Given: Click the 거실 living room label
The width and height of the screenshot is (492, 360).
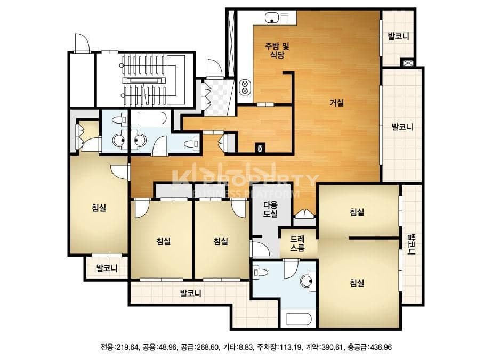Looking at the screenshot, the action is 337,103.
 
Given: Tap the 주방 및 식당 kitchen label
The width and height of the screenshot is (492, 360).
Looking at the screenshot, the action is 277,51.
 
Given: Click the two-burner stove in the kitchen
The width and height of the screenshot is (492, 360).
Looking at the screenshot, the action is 245,87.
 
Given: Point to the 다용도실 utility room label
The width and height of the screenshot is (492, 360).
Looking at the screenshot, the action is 270,209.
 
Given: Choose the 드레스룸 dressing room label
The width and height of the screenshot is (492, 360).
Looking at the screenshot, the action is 297,244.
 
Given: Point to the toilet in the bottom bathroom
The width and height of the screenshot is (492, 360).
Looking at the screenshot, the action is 261,272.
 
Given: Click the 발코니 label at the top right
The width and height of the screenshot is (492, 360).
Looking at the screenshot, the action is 399,36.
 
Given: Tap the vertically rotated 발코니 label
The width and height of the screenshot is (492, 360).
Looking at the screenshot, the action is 411,244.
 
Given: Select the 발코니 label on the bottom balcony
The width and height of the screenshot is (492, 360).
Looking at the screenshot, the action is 191,293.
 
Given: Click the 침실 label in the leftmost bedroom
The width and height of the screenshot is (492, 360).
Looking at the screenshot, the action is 99,208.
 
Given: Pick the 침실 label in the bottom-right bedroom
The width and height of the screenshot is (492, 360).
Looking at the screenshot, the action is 357,283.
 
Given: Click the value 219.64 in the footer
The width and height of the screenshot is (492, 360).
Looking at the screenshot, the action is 127,347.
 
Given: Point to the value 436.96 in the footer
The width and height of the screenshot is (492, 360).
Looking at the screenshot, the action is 381,347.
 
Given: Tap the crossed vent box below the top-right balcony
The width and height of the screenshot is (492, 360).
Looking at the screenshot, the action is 407,62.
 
